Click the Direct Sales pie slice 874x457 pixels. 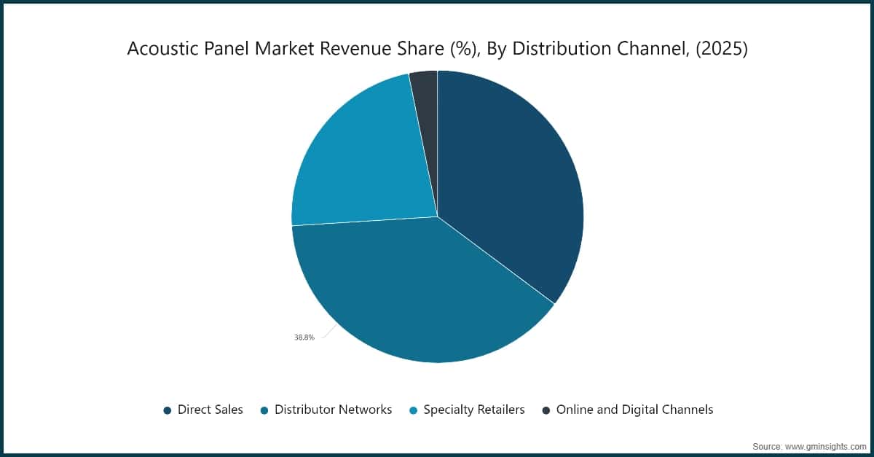[510, 182]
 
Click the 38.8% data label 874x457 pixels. [304, 337]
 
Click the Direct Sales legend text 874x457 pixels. [210, 410]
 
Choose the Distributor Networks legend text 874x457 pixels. [333, 410]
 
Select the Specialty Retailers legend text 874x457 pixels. [474, 410]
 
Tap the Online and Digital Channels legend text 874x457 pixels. [634, 410]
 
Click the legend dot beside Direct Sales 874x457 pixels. [168, 410]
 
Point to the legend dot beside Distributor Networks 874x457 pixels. [264, 410]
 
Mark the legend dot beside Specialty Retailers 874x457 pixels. [413, 410]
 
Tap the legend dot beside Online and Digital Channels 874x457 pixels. [546, 410]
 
